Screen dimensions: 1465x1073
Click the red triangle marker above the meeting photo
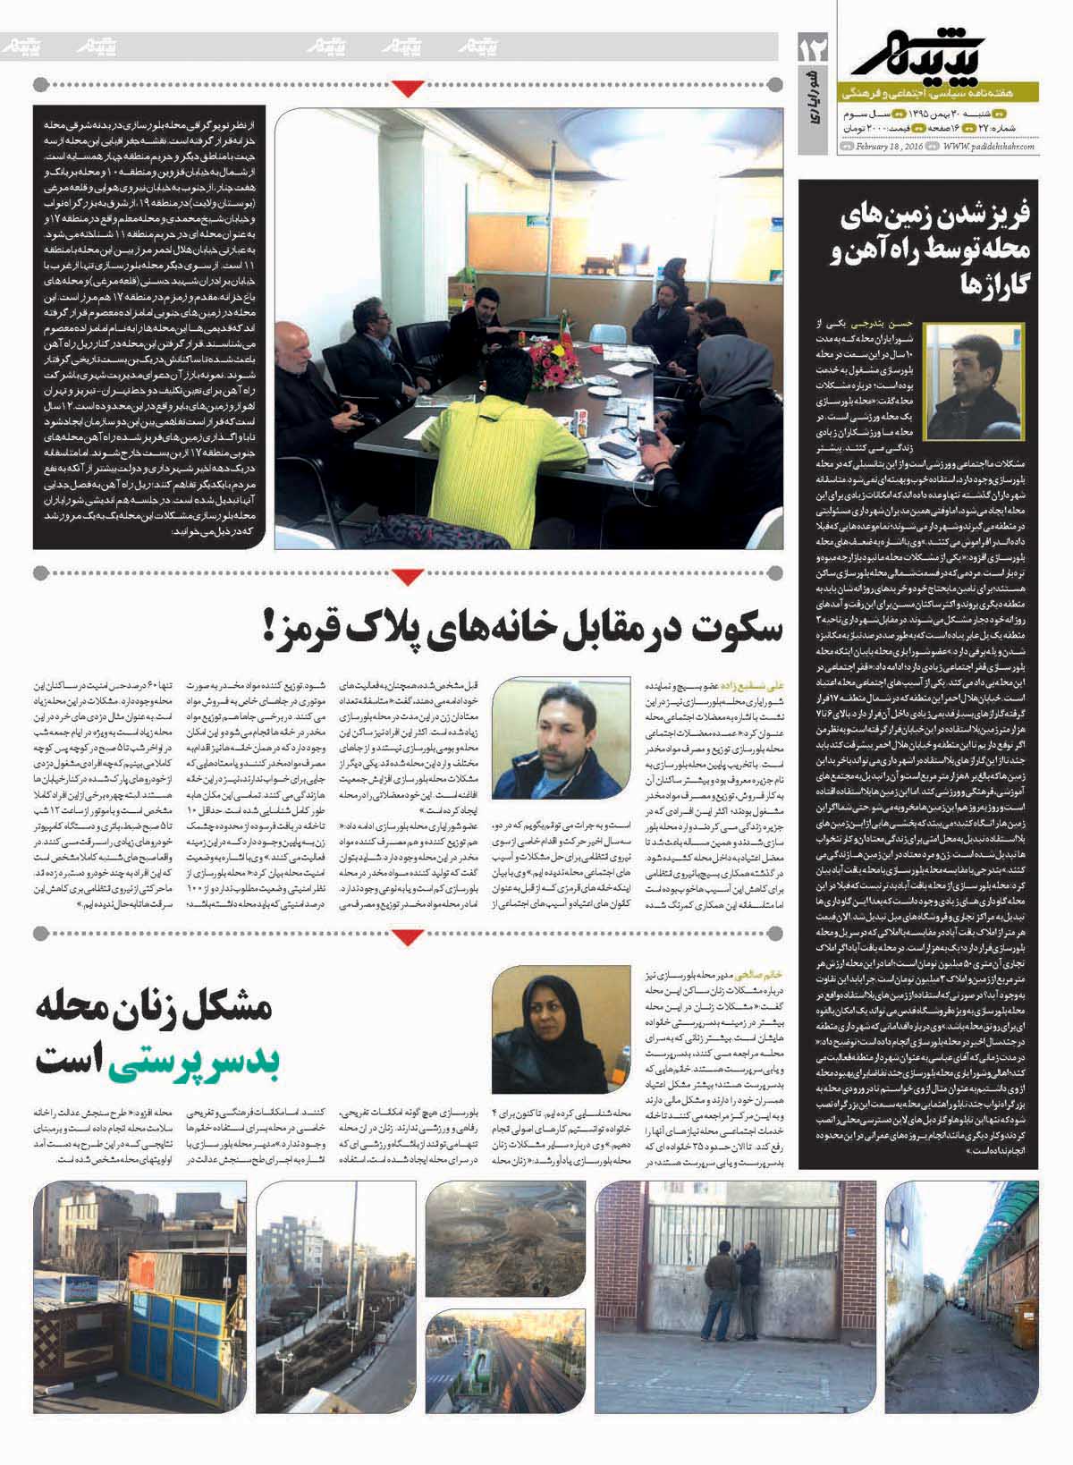408,86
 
